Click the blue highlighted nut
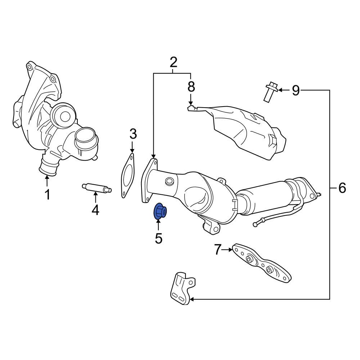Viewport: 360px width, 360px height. click(159, 212)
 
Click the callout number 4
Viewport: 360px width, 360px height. click(95, 209)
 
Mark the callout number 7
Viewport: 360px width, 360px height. click(217, 249)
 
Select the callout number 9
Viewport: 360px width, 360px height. click(296, 90)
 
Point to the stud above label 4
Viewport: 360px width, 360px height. click(96, 188)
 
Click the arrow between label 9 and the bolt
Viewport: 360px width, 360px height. click(283, 90)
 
